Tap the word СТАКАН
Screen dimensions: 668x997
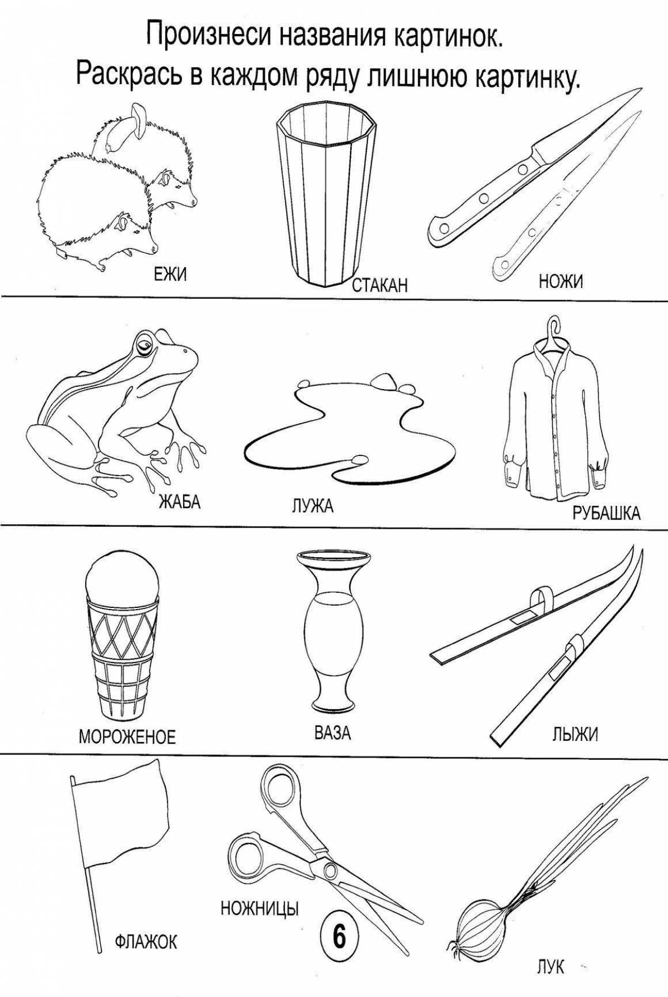(380, 286)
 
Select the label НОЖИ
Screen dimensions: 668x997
(561, 282)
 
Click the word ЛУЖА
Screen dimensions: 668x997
(312, 506)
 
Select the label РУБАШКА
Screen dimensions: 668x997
(606, 513)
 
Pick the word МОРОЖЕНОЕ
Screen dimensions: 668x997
(127, 737)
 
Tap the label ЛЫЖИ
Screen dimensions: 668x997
(575, 735)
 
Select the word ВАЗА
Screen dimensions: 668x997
(333, 733)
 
